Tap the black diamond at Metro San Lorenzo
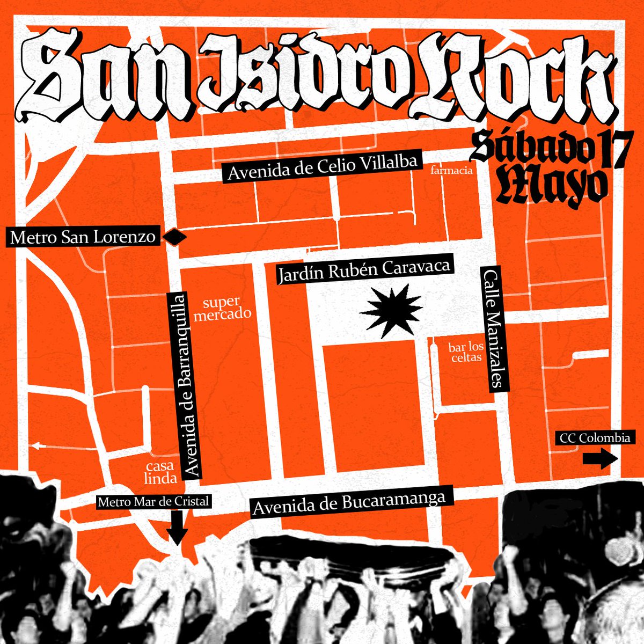point(174,237)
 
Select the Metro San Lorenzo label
point(83,237)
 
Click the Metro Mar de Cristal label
point(153,502)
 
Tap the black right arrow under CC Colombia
point(600,458)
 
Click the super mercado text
point(222,308)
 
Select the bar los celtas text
point(466,352)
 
